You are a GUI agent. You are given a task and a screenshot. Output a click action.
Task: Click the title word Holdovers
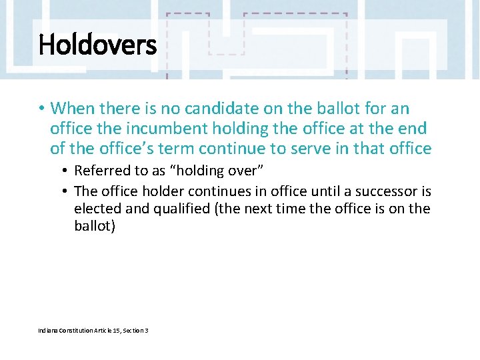(97, 46)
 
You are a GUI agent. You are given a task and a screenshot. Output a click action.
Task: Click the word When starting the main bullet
(73, 108)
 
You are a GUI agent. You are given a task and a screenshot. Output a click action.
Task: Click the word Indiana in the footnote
(49, 330)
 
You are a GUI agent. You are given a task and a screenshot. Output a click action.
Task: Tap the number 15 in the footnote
(117, 330)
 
